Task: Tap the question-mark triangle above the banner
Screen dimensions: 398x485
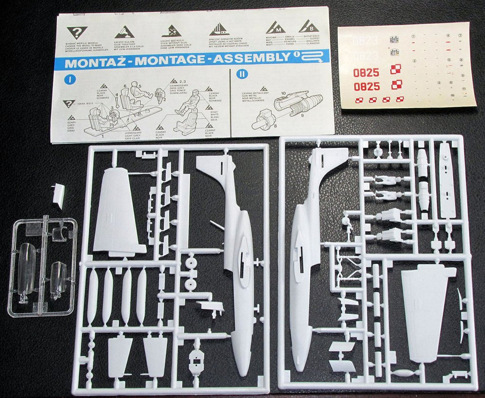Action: point(77,33)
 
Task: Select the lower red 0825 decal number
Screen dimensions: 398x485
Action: point(367,87)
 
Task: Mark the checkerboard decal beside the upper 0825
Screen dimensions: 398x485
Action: point(395,69)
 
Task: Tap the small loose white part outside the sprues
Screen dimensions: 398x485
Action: point(59,194)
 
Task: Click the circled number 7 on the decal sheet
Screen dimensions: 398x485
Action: point(461,36)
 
